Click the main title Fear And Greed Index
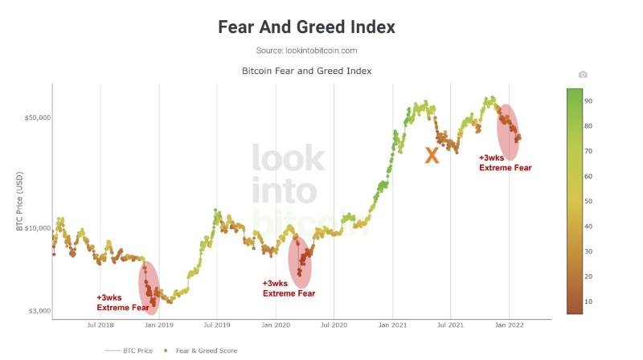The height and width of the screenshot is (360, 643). click(x=306, y=27)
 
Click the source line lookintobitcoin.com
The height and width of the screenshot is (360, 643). click(x=306, y=51)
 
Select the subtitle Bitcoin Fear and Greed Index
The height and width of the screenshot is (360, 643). click(x=306, y=72)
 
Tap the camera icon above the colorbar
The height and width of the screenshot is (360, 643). click(x=583, y=75)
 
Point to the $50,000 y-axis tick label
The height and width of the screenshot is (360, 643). click(x=35, y=117)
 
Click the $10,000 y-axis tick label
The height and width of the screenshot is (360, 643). click(x=35, y=229)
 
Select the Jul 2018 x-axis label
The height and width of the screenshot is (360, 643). click(x=100, y=325)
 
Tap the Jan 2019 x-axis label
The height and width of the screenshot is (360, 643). click(x=159, y=325)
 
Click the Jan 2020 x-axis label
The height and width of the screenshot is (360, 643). click(x=276, y=325)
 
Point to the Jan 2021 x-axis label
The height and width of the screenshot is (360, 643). click(x=392, y=325)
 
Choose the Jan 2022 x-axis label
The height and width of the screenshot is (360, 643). click(x=509, y=325)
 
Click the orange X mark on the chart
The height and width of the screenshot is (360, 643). click(x=432, y=156)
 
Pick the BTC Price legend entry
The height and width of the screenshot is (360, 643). click(x=132, y=350)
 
